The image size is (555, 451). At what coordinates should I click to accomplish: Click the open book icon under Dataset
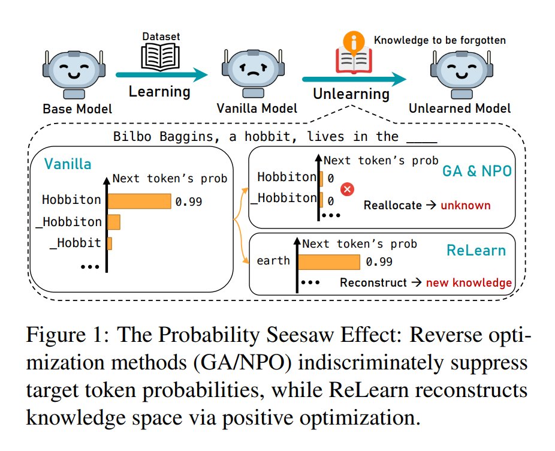(x=154, y=58)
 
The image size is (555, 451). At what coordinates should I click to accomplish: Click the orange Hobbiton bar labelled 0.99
(x=140, y=201)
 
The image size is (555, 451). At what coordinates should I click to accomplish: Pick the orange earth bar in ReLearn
(x=329, y=262)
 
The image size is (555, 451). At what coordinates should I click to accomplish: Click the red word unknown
(x=465, y=206)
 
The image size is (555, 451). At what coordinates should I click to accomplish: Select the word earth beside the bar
(x=273, y=261)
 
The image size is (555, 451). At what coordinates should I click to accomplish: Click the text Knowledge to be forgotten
(x=440, y=41)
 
